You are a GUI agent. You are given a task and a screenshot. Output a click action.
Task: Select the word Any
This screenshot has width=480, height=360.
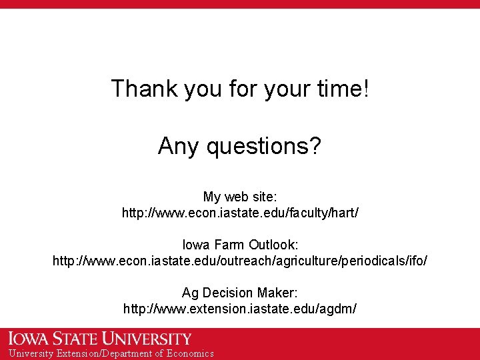pos(179,145)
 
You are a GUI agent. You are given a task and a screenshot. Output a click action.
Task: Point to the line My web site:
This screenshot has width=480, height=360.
pos(240,197)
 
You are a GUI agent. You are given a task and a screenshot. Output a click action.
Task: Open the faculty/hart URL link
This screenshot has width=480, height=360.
pos(240,213)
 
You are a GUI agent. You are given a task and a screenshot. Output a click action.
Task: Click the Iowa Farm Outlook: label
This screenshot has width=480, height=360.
pos(240,244)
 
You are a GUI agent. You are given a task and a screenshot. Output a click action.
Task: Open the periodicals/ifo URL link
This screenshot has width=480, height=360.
pos(240,261)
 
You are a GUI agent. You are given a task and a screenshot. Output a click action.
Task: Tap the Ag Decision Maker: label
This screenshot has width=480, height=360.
pos(240,293)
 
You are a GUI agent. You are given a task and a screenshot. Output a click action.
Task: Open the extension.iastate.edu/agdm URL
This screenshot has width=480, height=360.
pos(240,309)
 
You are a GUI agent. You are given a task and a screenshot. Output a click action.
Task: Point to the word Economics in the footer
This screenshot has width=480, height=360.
pos(190,353)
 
